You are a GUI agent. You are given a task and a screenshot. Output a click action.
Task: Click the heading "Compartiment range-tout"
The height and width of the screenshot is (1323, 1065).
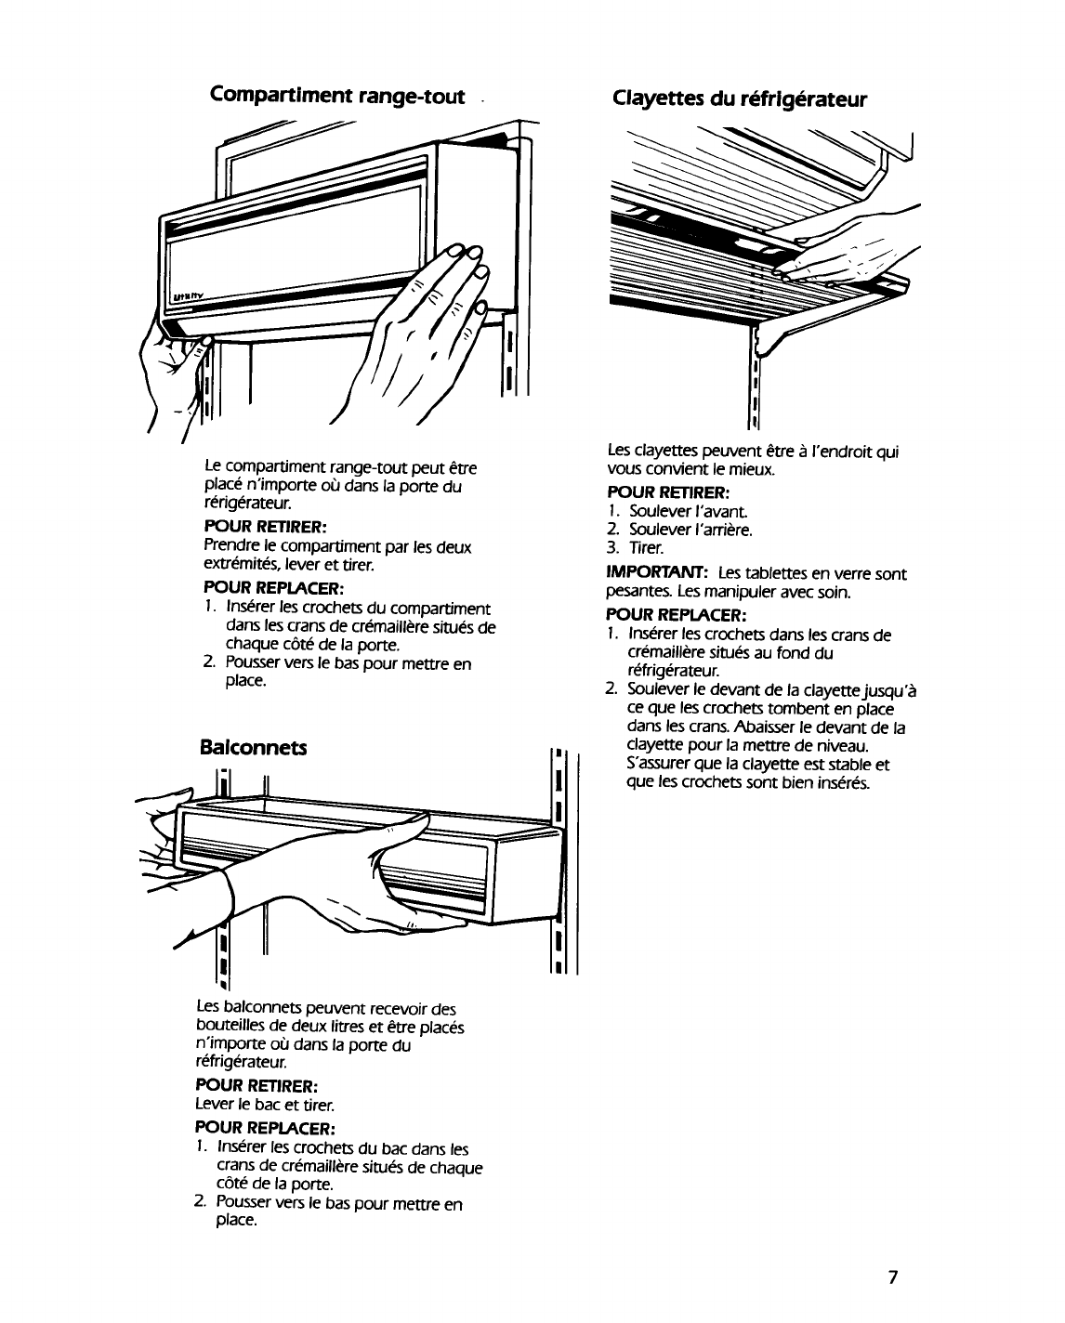point(337,96)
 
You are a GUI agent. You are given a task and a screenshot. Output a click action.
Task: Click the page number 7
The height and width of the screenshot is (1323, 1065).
point(891,1277)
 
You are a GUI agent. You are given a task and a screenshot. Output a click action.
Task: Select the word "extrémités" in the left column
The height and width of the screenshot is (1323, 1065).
point(241,564)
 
